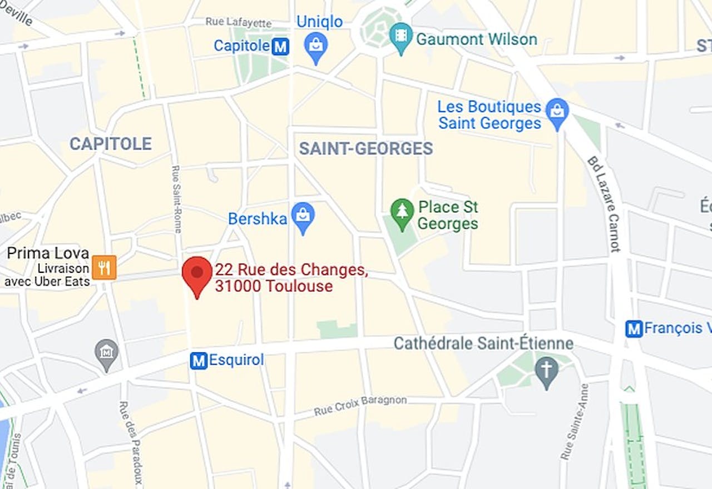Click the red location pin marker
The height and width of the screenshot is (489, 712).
pyautogui.click(x=197, y=274)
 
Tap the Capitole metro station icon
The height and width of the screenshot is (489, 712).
pyautogui.click(x=280, y=47)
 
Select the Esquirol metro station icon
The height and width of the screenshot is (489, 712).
pyautogui.click(x=199, y=361)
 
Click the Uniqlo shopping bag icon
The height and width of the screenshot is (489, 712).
pyautogui.click(x=316, y=45)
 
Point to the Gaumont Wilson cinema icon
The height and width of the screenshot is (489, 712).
pyautogui.click(x=401, y=36)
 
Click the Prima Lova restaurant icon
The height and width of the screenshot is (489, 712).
pyautogui.click(x=104, y=267)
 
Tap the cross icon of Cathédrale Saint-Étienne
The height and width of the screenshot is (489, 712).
pyautogui.click(x=546, y=370)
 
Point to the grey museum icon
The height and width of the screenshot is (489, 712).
pyautogui.click(x=106, y=352)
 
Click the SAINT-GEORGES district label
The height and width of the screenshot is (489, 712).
pyautogui.click(x=365, y=148)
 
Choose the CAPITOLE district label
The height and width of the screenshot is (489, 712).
pyautogui.click(x=111, y=144)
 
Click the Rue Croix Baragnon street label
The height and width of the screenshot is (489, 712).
pyautogui.click(x=360, y=406)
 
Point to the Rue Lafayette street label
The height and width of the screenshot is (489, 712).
pyautogui.click(x=239, y=22)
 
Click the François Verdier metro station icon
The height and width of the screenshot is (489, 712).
pyautogui.click(x=634, y=328)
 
